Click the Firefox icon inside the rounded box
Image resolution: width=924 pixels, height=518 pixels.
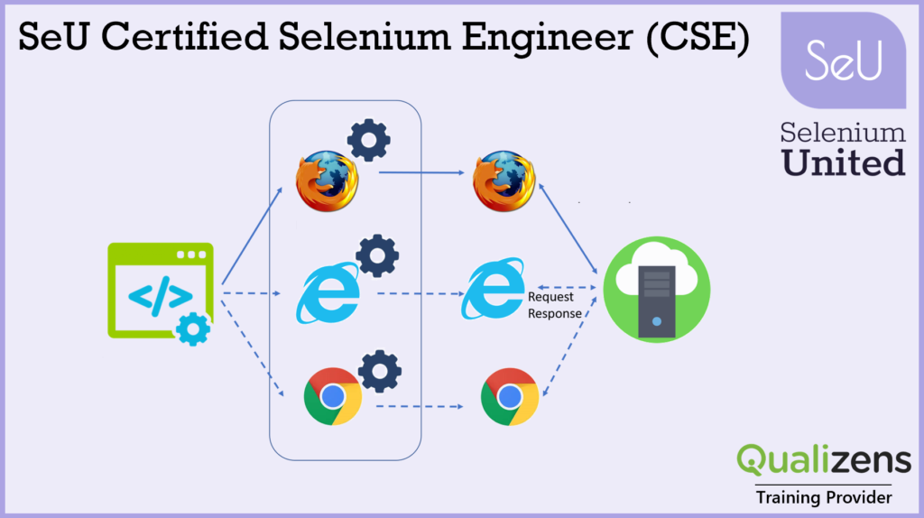[327, 180]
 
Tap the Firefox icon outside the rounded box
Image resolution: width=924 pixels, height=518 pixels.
[504, 180]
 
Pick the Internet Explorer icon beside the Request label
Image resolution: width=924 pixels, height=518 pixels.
[494, 288]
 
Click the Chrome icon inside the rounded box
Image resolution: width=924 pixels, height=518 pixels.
[333, 396]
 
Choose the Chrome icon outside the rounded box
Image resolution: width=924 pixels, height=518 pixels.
[510, 396]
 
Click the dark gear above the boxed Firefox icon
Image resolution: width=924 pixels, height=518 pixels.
[369, 140]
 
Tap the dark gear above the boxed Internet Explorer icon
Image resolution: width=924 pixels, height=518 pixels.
[377, 255]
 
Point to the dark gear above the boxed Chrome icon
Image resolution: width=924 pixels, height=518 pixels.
[380, 371]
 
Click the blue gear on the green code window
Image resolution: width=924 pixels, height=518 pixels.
[193, 328]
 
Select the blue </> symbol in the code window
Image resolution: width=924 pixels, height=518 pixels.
[161, 296]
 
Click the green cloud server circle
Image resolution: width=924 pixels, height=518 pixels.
[657, 290]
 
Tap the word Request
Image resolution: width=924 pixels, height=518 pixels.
[550, 297]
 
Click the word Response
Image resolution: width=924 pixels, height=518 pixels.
[555, 313]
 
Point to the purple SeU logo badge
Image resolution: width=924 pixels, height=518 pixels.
[844, 60]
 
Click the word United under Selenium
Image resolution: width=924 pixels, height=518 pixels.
[844, 162]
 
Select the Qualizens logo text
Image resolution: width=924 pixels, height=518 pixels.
[824, 459]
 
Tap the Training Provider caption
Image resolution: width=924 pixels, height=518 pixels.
[824, 497]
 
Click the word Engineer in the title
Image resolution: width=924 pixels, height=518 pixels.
[548, 38]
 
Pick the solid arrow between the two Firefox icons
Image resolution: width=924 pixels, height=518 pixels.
[421, 172]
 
